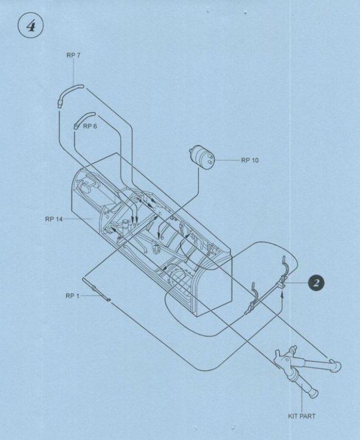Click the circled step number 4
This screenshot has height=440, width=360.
(30, 26)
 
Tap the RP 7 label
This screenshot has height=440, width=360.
(73, 55)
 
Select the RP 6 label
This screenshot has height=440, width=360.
(90, 126)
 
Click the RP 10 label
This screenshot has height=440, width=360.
(250, 161)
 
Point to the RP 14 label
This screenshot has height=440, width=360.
(54, 219)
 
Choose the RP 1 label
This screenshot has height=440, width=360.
(73, 296)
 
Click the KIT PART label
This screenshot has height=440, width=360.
(302, 416)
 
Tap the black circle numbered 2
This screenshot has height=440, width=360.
(316, 283)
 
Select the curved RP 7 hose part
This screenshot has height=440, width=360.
(70, 95)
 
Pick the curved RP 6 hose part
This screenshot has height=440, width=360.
(84, 120)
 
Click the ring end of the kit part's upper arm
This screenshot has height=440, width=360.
(335, 366)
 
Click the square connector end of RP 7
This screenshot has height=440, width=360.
(59, 103)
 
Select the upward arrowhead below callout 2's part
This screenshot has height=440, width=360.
(283, 294)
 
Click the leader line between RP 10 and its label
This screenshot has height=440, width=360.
(227, 161)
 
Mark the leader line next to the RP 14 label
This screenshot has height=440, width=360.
(78, 218)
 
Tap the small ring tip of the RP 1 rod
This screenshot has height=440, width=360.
(109, 301)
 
